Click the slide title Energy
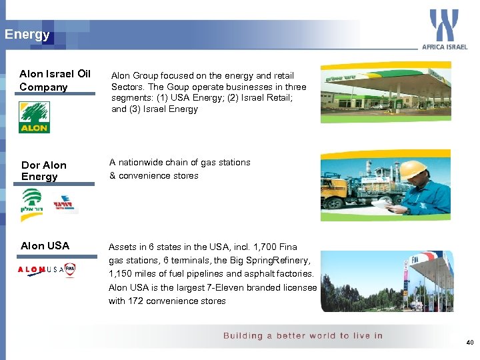tap(27, 35)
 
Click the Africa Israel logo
tap(444, 29)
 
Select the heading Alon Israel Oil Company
tap(55, 80)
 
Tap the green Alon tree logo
tap(34, 117)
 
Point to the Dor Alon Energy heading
tap(44, 171)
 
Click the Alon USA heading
tap(45, 246)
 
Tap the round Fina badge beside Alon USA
tap(70, 270)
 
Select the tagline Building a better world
tap(303, 335)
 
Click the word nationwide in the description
tap(142, 163)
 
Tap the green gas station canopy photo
tap(385, 92)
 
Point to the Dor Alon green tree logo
tap(32, 201)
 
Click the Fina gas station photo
tap(387, 280)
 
